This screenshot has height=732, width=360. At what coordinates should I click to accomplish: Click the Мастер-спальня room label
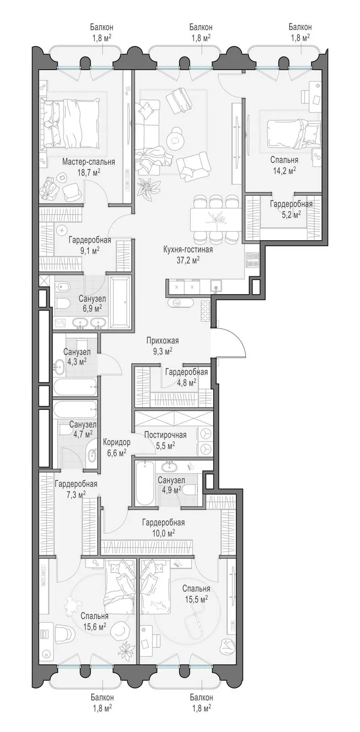[x=88, y=162]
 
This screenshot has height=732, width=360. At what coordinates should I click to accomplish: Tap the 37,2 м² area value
[x=188, y=260]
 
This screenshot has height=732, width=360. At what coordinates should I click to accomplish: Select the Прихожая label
[x=162, y=341]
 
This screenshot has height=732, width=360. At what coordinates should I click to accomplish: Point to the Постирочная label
[x=165, y=435]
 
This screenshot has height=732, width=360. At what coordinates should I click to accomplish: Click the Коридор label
[x=117, y=442]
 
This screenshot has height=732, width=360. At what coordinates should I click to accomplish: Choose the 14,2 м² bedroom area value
[x=284, y=170]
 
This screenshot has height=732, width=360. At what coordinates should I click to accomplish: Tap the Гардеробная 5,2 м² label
[x=291, y=209]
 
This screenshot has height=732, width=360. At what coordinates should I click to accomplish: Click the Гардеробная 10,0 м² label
[x=163, y=527]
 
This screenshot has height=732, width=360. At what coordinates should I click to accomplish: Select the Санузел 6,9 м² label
[x=92, y=303]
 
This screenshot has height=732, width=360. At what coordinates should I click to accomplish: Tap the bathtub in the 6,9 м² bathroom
[x=120, y=302]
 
